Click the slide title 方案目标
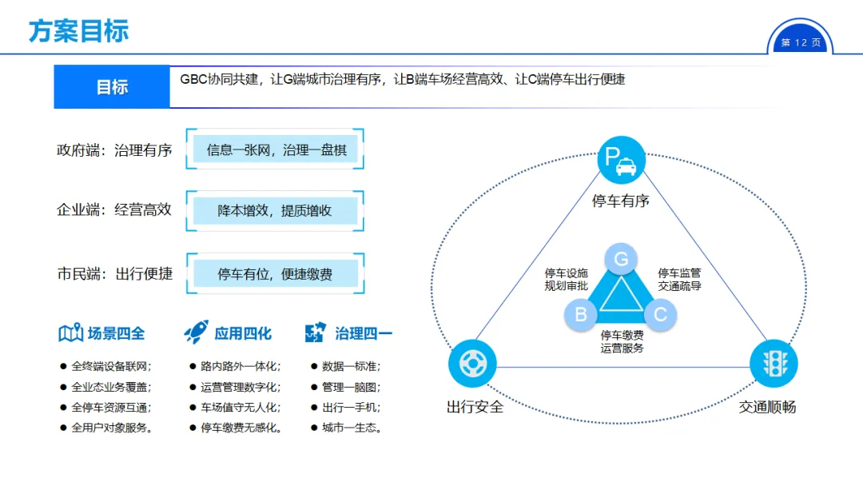78,31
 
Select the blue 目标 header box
112,87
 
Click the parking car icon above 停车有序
621,158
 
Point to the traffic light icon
774,363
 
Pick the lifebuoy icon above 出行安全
472,364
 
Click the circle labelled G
621,259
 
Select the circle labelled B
581,314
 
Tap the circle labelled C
660,314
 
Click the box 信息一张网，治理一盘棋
276,149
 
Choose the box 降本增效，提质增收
275,211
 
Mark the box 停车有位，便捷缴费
275,274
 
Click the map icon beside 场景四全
70,333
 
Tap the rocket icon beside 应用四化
196,332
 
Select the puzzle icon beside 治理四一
316,333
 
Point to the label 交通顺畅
766,407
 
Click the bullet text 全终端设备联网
111,366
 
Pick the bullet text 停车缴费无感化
241,428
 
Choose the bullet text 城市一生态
352,428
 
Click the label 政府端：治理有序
114,149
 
